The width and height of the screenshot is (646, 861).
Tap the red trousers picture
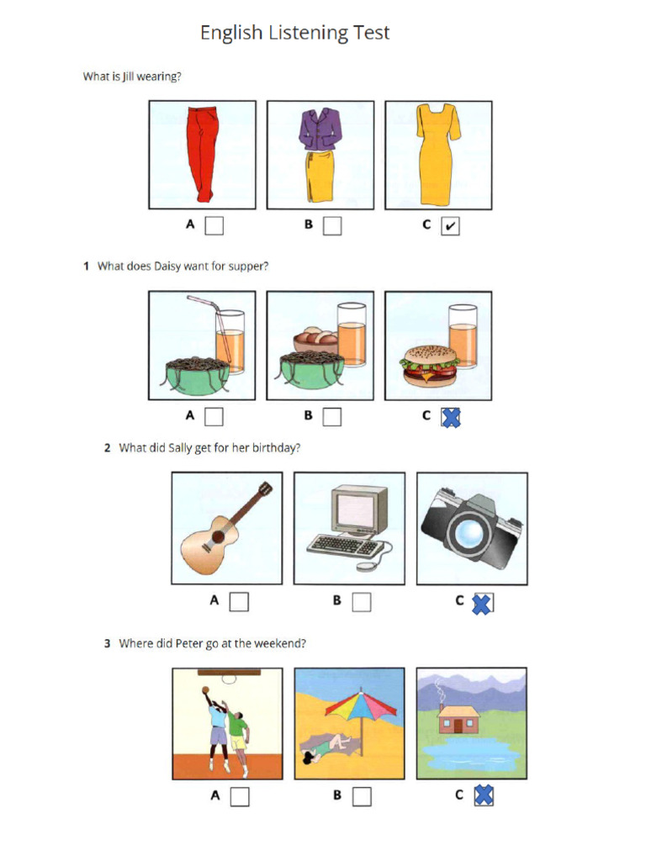202,155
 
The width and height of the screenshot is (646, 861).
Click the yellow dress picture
437,155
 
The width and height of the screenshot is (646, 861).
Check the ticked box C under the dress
450,225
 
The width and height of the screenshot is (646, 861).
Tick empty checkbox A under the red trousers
214,225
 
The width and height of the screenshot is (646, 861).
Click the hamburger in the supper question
429,367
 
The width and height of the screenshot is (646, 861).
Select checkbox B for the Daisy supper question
331,417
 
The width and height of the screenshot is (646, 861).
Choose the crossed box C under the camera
482,603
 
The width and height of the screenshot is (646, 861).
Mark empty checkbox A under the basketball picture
240,797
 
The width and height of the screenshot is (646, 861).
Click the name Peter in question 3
189,643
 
